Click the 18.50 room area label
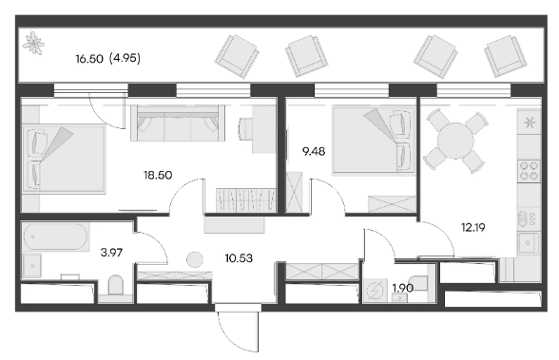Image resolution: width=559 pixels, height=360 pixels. point(158,175)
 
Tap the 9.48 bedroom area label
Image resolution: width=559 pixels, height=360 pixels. point(314,152)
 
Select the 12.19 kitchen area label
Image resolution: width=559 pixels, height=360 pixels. point(473,227)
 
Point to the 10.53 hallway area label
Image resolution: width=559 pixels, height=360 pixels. point(239,258)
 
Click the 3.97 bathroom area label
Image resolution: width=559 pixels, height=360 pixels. point(111,253)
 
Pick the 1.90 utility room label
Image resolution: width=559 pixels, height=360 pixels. point(403,288)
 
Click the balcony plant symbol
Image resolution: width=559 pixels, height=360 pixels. point(33,43)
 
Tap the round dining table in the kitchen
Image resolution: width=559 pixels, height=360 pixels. point(455,141)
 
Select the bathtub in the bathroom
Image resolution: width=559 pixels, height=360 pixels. point(55,237)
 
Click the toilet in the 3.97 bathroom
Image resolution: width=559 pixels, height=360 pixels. point(116,285)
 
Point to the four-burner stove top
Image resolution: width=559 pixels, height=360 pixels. point(530,171)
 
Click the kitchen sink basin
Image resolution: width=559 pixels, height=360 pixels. point(528,243)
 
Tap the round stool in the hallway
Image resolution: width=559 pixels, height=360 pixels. point(195,259)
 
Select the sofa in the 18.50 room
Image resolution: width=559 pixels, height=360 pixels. point(178,123)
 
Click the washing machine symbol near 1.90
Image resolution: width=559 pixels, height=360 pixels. point(375,290)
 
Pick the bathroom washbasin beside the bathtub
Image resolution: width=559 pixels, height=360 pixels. point(32,266)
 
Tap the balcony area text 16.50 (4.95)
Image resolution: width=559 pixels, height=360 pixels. point(108,58)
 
